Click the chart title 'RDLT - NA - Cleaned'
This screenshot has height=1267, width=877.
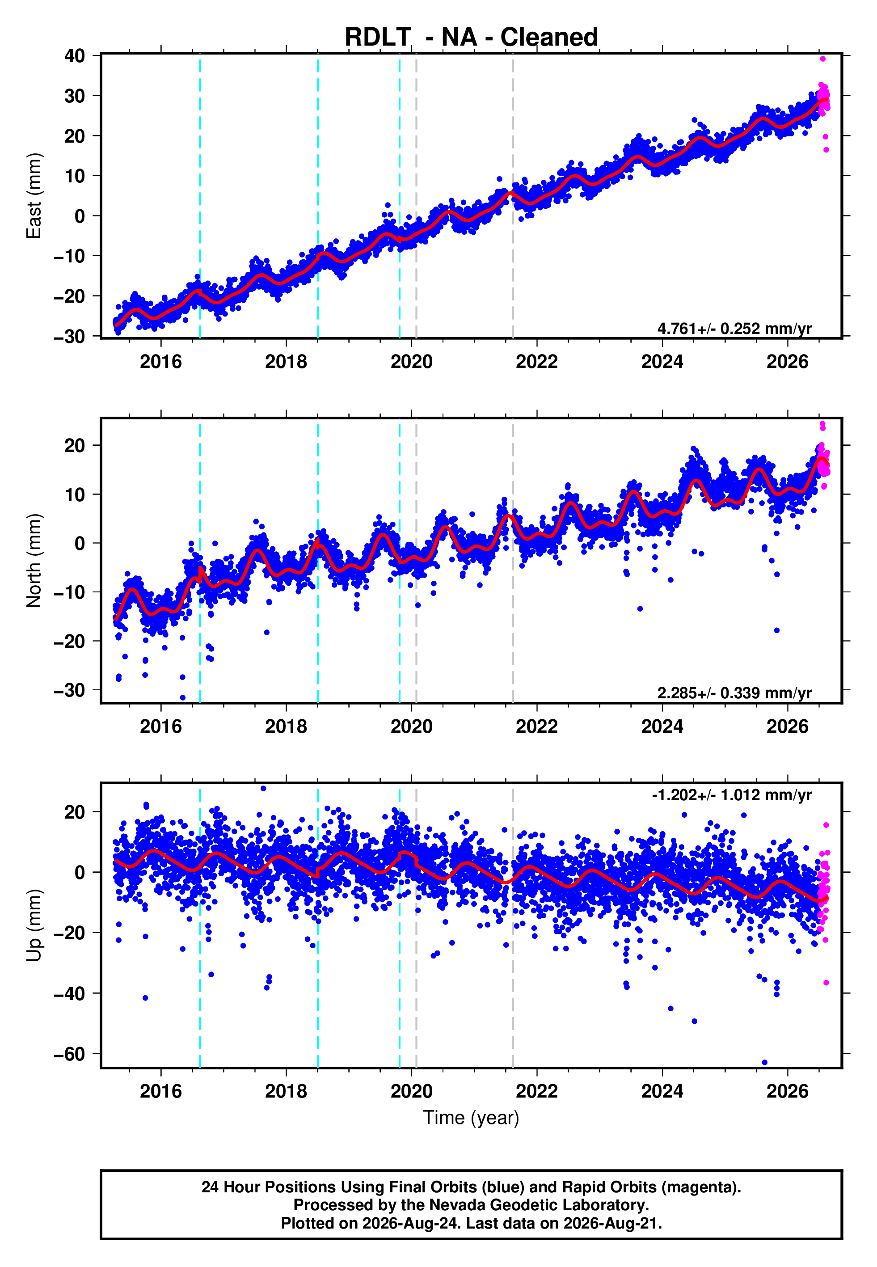(471, 38)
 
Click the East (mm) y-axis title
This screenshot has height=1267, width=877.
(34, 196)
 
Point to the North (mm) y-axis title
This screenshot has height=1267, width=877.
(34, 561)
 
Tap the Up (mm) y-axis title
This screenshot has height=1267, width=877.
(34, 925)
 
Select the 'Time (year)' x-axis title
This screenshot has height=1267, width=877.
(471, 1118)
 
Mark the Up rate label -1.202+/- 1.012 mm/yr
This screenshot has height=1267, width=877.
(731, 795)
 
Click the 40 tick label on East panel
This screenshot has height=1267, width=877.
(75, 55)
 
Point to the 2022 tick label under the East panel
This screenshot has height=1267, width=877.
(536, 362)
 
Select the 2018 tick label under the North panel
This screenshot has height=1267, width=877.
(286, 726)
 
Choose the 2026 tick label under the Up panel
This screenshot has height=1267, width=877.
(788, 1091)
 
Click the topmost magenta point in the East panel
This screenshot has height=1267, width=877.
(822, 59)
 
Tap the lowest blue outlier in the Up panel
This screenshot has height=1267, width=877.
(764, 1063)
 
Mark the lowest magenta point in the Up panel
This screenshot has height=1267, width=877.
(826, 983)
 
